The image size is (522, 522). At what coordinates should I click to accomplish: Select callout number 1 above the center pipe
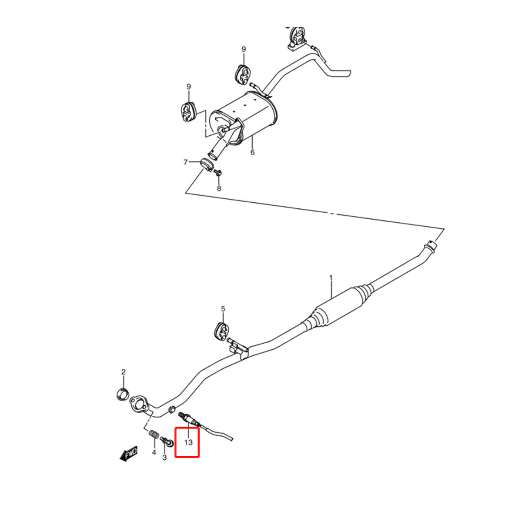331,278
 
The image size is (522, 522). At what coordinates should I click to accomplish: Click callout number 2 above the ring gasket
124,372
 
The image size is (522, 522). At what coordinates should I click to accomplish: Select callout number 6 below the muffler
252,153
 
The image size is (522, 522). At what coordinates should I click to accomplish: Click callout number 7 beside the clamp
186,162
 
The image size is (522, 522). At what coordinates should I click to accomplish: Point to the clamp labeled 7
207,165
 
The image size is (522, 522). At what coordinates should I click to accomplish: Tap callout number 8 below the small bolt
219,188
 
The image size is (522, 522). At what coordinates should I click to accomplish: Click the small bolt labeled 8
218,172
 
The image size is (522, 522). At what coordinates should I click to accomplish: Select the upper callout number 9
244,49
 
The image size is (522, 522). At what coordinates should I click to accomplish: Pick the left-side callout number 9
189,87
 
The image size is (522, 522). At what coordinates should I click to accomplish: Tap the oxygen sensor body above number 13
189,426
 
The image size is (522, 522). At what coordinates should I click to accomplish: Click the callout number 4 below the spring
154,452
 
